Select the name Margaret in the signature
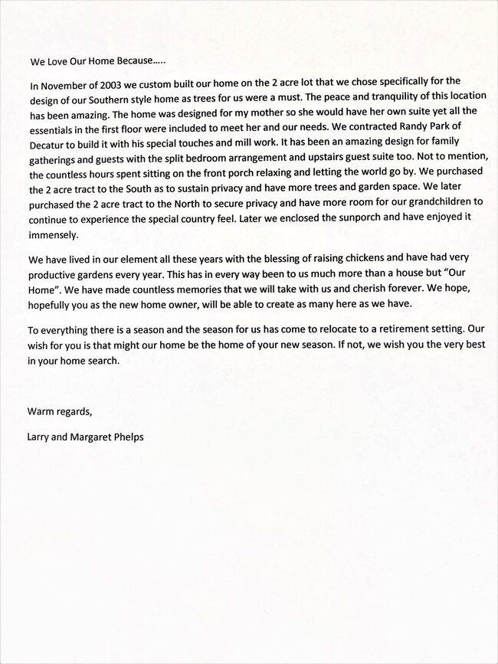(102, 437)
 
